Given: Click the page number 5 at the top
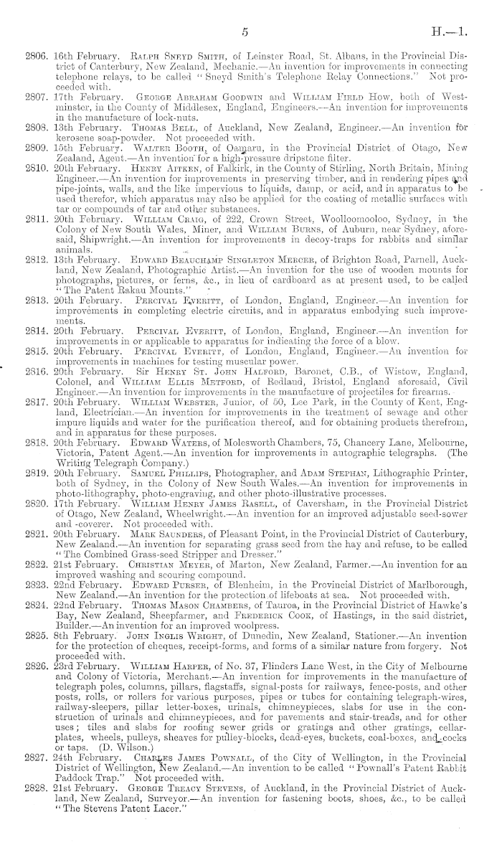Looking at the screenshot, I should point(245,32).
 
